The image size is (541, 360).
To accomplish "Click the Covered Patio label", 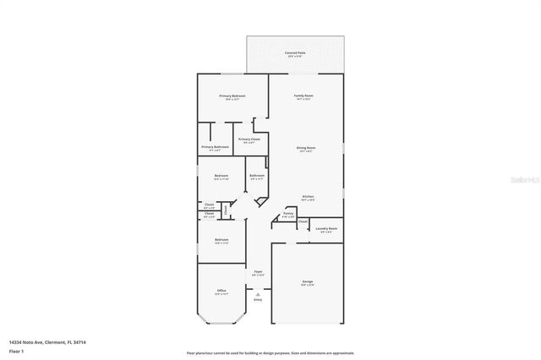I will (x=295, y=53).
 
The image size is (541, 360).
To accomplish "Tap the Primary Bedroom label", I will (x=232, y=96).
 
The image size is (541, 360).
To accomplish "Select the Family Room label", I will (x=303, y=96).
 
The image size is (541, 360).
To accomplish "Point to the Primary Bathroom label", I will (x=216, y=148).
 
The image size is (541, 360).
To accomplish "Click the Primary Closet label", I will (x=249, y=139).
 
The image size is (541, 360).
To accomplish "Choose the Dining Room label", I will (x=306, y=149).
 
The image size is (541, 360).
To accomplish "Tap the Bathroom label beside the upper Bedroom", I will (x=257, y=176).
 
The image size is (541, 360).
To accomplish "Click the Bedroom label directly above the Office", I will (x=221, y=240).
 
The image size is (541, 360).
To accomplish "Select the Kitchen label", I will (x=309, y=196).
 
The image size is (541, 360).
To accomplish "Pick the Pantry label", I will (x=288, y=213).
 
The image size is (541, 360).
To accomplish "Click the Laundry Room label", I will (x=327, y=228).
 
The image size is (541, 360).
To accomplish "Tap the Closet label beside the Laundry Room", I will (x=302, y=221).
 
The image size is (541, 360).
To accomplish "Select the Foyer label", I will (x=258, y=271).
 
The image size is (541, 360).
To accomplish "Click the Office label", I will (x=221, y=290).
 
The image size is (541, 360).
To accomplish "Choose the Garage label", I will (x=308, y=281).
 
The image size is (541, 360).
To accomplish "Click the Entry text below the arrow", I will (x=258, y=299).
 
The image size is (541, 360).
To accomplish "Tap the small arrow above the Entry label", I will (x=258, y=292).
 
